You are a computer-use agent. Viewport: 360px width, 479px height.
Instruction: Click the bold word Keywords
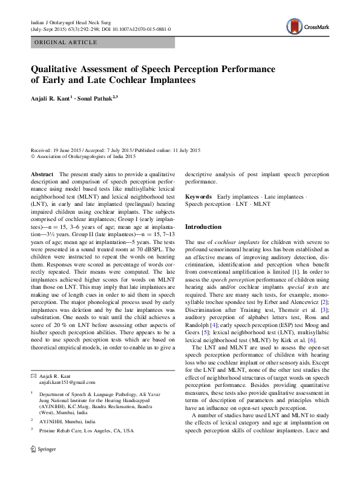pyautogui.click(x=198, y=197)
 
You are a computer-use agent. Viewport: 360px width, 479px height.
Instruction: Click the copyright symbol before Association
pyautogui.click(x=33, y=156)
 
